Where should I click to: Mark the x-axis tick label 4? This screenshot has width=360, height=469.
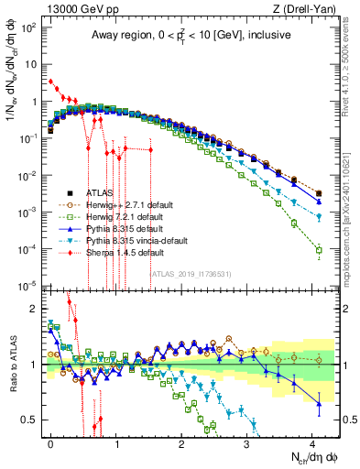click(x=311, y=443)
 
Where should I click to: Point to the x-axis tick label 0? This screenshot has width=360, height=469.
click(x=50, y=443)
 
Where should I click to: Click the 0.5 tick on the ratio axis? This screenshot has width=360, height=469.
click(x=29, y=420)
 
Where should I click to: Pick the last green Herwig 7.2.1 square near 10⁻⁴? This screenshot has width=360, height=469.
click(x=319, y=250)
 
